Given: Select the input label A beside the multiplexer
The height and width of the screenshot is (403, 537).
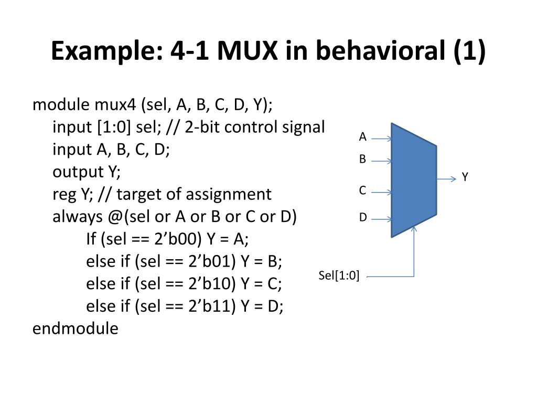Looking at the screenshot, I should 362,137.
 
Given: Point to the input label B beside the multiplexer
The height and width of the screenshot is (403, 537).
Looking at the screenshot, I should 362,160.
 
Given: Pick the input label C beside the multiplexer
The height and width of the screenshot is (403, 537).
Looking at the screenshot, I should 362,191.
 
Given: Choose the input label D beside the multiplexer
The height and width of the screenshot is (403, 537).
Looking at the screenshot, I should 362,217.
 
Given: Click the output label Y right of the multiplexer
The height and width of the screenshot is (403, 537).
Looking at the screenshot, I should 465,177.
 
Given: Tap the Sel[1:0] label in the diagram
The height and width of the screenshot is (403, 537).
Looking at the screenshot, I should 339,276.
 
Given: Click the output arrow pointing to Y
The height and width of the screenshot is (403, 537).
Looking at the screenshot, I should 447,179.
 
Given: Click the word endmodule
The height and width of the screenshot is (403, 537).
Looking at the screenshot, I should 76,329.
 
